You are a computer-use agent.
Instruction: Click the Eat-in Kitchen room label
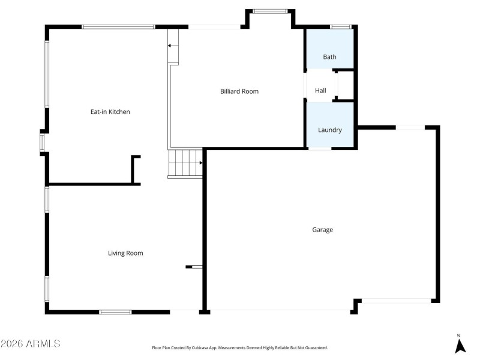tap(110, 112)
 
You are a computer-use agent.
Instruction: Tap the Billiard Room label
tap(239, 91)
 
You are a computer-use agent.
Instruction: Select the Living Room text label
tap(125, 253)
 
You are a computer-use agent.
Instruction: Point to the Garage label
tap(322, 229)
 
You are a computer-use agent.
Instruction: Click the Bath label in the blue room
tap(329, 57)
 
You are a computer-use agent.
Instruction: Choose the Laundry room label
tap(329, 130)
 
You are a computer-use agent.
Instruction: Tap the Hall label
tap(320, 91)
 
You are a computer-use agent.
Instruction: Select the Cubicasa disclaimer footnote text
tap(239, 347)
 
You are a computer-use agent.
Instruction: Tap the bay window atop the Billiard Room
tap(270, 11)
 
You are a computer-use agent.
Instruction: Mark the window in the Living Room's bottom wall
tap(115, 311)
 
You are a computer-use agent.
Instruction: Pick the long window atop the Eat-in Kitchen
tap(118, 26)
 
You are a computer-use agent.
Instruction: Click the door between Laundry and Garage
tap(319, 148)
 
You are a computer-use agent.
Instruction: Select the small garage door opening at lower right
tap(396, 301)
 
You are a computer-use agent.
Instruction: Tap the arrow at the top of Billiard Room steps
tap(173, 46)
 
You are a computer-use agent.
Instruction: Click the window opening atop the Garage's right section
tap(410, 127)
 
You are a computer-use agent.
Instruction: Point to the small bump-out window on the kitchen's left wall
tap(42, 142)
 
